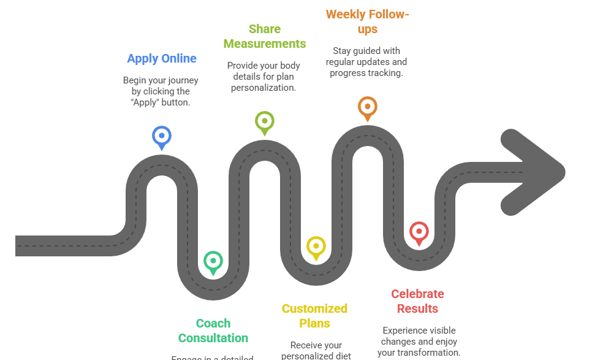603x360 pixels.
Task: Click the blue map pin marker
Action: [162, 136]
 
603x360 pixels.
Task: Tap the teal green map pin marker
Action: [213, 261]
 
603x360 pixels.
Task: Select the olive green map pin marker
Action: [264, 121]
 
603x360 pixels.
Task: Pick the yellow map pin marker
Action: [316, 247]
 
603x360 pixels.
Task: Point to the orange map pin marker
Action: [367, 107]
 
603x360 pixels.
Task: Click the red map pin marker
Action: [419, 232]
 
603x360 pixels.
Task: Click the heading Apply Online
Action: [162, 59]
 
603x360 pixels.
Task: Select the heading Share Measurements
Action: [265, 36]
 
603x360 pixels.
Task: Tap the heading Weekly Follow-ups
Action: [367, 21]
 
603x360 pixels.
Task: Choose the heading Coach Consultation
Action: [213, 331]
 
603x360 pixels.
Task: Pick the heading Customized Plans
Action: [315, 316]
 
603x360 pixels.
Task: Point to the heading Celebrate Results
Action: [417, 301]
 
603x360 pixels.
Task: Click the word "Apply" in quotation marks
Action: [145, 102]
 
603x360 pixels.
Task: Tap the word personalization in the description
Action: [264, 88]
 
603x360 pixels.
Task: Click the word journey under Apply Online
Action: [184, 80]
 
